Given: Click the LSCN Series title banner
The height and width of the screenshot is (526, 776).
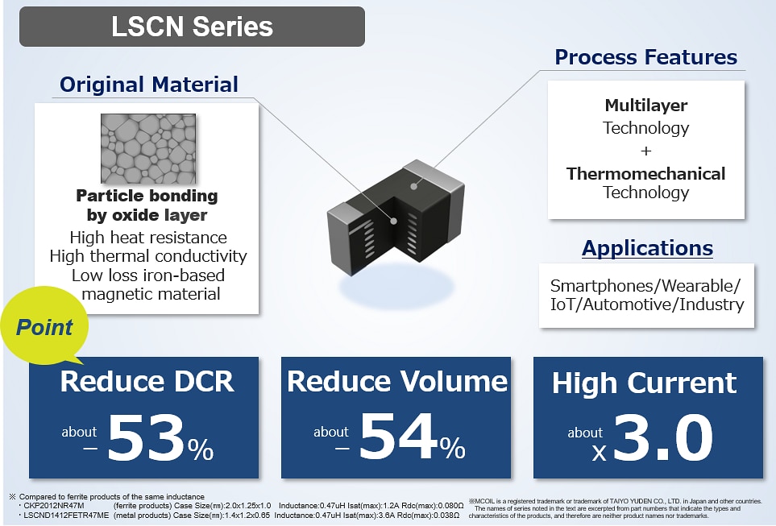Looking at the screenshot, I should point(192,27).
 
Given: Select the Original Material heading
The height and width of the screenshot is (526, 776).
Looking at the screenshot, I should point(148,84).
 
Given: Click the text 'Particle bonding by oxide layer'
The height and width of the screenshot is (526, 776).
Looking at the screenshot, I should point(147,205).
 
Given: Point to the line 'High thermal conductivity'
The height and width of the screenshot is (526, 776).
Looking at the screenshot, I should point(148,256).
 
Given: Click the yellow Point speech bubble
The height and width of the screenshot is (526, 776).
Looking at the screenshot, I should point(45,328).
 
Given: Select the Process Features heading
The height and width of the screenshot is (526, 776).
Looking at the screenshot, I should point(645,57).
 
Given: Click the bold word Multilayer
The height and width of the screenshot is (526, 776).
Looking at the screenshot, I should point(645,106).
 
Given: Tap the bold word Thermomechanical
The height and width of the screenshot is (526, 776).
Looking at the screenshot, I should point(645,173).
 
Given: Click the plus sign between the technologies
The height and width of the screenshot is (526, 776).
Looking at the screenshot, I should point(646,151).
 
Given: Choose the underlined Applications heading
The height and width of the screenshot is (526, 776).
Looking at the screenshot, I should point(647,248).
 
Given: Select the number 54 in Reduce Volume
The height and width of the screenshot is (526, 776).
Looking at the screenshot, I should point(397,440).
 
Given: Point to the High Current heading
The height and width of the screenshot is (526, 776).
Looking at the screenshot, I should point(645,383).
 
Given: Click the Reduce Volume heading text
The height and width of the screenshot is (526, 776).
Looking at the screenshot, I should point(397,381).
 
